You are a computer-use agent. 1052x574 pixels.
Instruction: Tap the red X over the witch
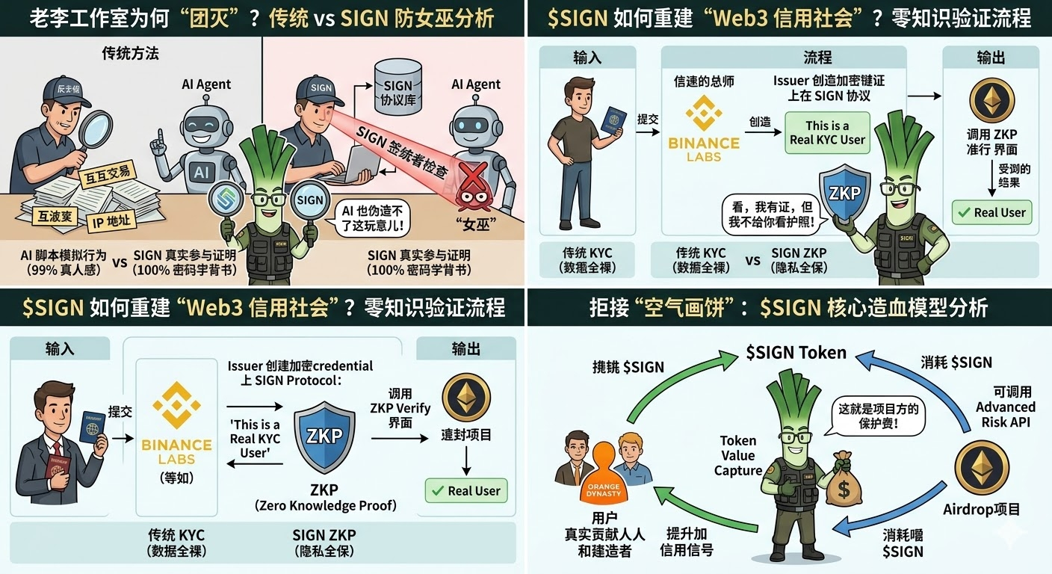pyautogui.click(x=472, y=178)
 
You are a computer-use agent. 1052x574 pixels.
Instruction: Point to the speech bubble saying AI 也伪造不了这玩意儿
pyautogui.click(x=371, y=218)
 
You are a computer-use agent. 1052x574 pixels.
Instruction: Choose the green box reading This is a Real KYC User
pyautogui.click(x=827, y=132)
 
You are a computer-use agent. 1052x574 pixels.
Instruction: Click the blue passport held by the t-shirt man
pyautogui.click(x=614, y=119)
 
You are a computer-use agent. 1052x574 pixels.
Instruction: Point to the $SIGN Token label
pyautogui.click(x=796, y=352)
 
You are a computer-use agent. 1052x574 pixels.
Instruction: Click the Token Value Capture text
pyautogui.click(x=738, y=455)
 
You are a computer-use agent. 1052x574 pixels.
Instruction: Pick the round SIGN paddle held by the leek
pyautogui.click(x=309, y=200)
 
